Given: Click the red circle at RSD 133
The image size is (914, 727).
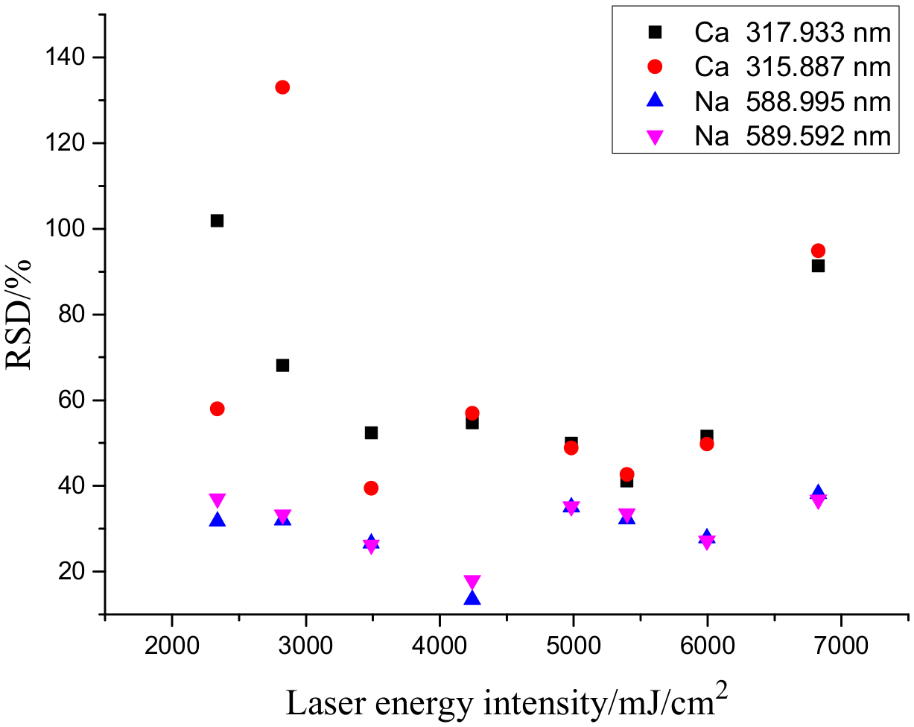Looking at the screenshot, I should coord(282,87).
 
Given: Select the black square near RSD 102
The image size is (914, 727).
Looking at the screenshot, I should coord(217,221).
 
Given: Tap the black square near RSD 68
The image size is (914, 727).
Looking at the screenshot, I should coord(282,365).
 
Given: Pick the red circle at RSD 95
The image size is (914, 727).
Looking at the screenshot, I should coord(818,251).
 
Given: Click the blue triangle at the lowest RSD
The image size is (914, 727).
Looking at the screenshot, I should coord(472,598).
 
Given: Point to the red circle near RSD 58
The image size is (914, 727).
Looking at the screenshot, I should coord(217,409).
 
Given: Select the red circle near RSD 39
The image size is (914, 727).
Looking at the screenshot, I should coord(371,488).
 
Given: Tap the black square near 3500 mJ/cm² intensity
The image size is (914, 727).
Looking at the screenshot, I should coord(371,432).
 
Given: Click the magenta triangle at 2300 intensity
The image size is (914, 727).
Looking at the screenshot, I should coord(217,500).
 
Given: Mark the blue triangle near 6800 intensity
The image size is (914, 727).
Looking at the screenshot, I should coord(818,493).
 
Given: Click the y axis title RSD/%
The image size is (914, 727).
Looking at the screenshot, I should coord(20,313).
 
